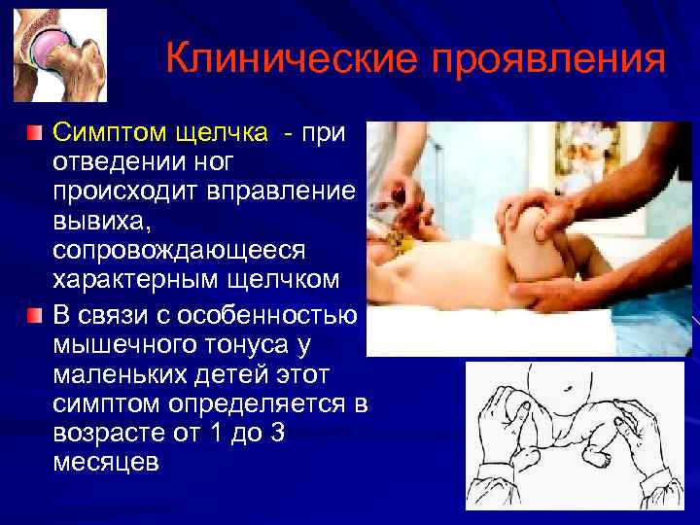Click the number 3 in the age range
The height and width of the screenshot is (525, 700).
[278, 433]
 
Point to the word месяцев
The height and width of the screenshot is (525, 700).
[105, 463]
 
